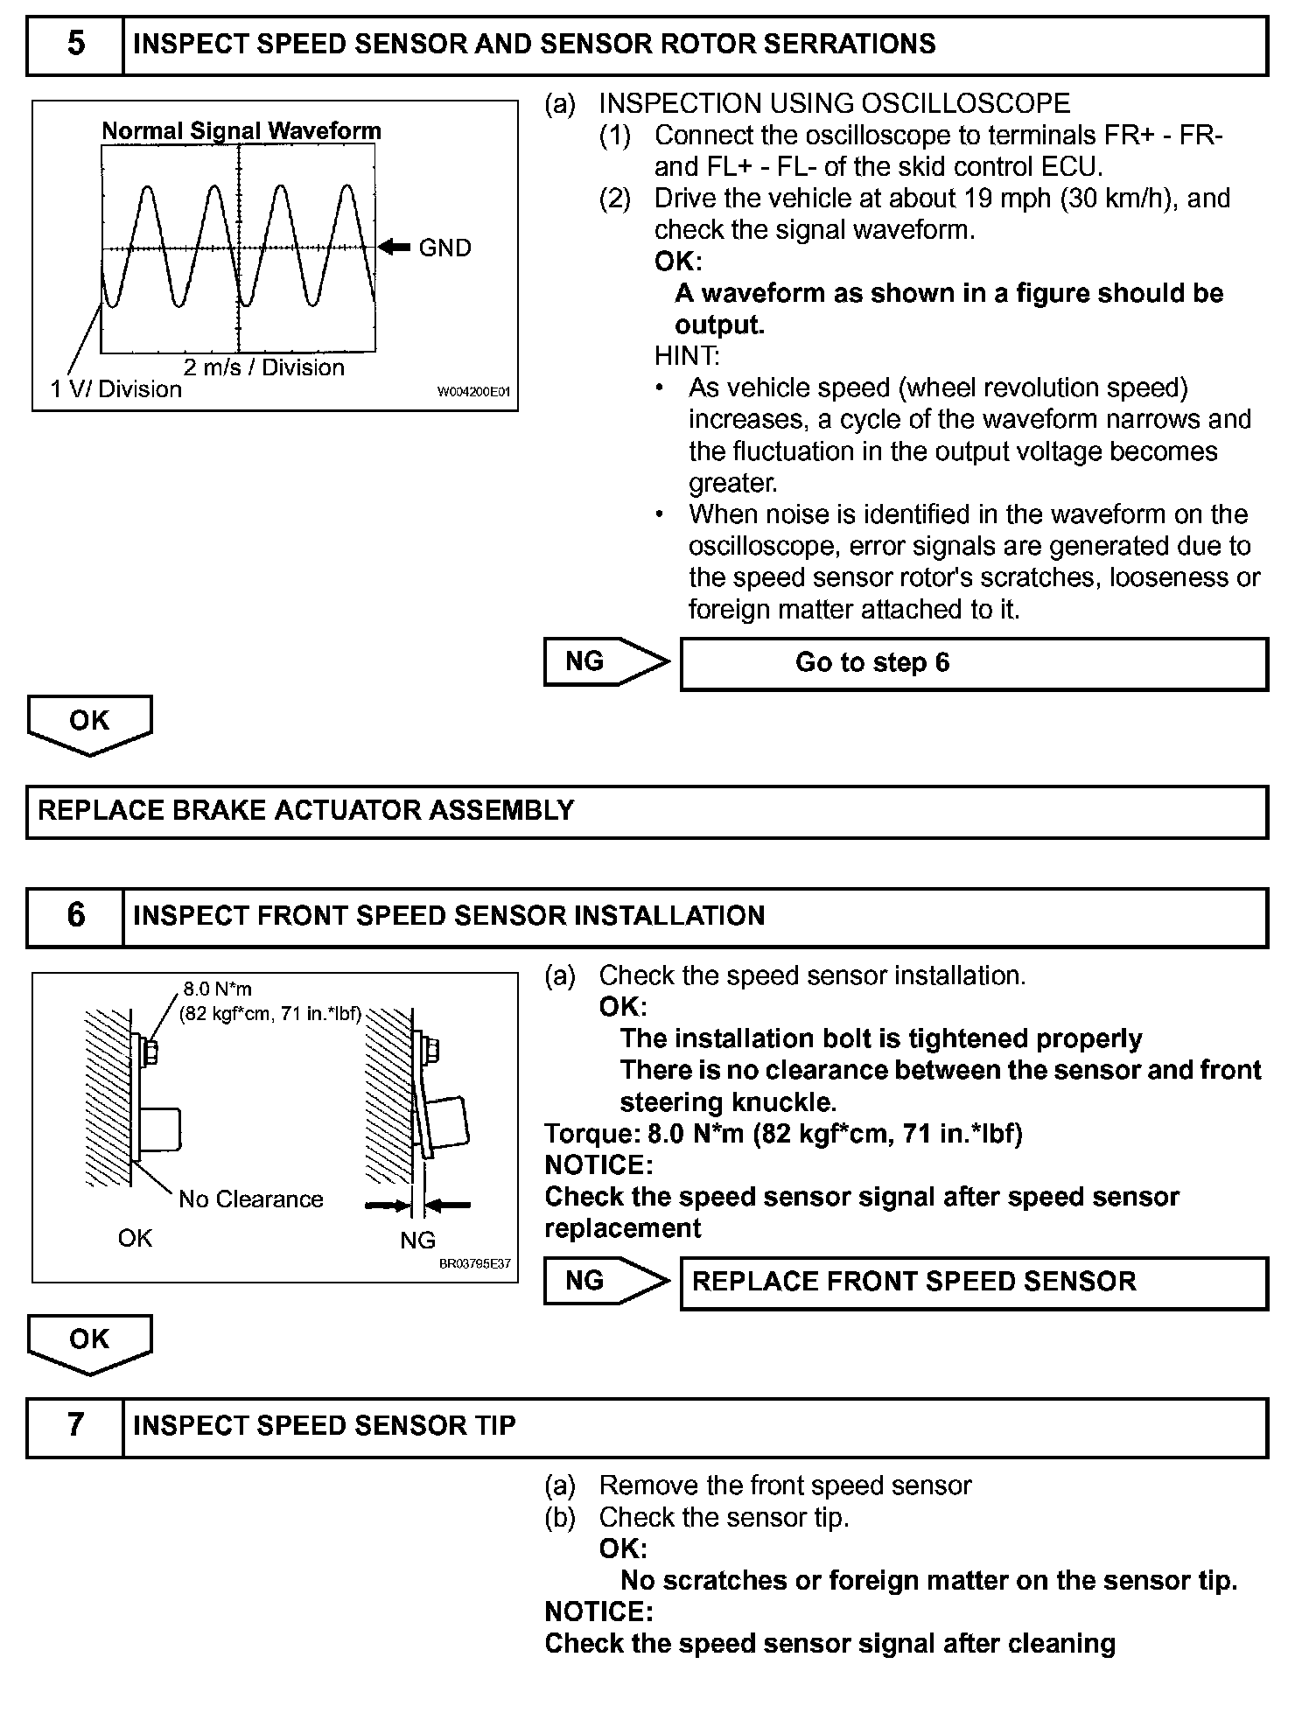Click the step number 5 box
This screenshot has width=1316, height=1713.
pos(75,45)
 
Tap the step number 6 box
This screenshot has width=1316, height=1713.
pos(75,916)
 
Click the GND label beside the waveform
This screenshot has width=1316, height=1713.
pos(444,248)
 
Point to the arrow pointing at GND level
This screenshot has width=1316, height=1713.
pos(395,248)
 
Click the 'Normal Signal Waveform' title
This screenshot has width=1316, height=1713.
pos(241,131)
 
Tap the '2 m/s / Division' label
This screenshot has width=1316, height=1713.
pos(263,367)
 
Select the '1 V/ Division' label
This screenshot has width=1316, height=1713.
pos(116,389)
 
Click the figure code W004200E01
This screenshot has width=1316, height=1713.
pos(472,393)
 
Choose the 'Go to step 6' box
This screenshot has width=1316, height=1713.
pos(973,663)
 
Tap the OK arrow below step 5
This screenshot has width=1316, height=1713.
pos(89,724)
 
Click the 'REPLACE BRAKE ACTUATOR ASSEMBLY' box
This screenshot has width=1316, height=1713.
pos(647,811)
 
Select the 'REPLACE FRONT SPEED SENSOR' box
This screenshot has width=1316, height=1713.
pos(973,1283)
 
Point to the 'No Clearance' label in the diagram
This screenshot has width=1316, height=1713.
pos(250,1199)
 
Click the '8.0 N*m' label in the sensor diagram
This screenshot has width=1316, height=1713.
pos(217,989)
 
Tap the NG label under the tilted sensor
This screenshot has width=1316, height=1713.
pos(417,1241)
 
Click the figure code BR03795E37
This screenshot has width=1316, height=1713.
pos(475,1265)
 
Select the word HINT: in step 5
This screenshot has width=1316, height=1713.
pos(686,356)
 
